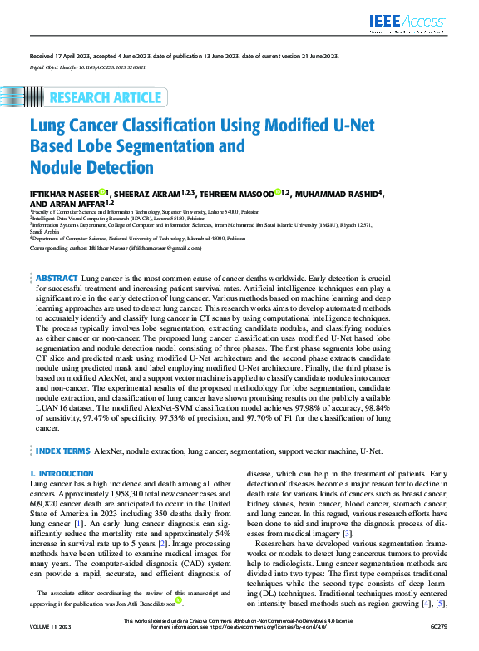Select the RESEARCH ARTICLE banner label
pyautogui.click(x=106, y=98)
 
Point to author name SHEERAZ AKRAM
pyautogui.click(x=137, y=195)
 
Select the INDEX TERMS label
pyautogui.click(x=62, y=451)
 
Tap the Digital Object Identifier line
pyautogui.click(x=88, y=65)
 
